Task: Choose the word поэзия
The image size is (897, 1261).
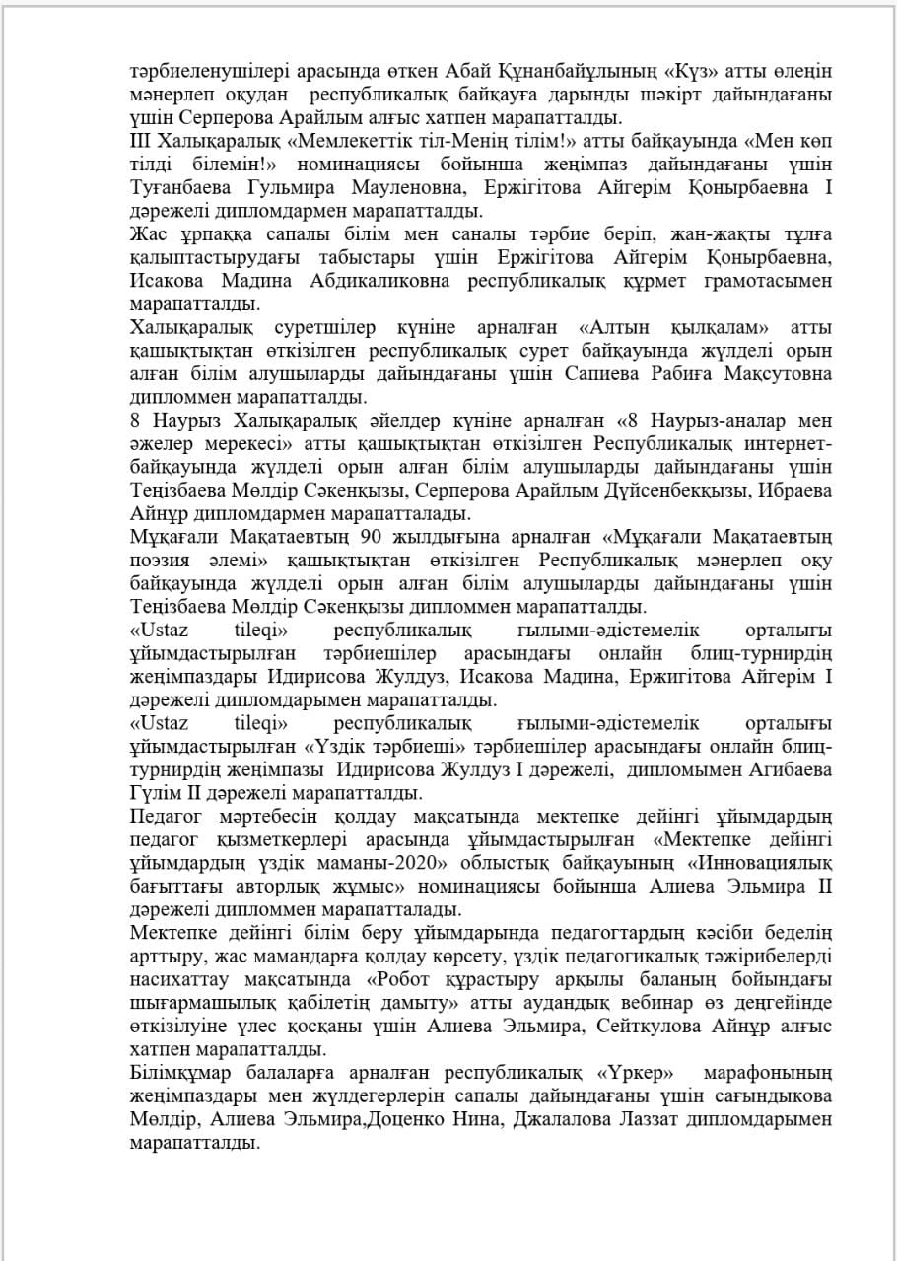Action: [164, 560]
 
